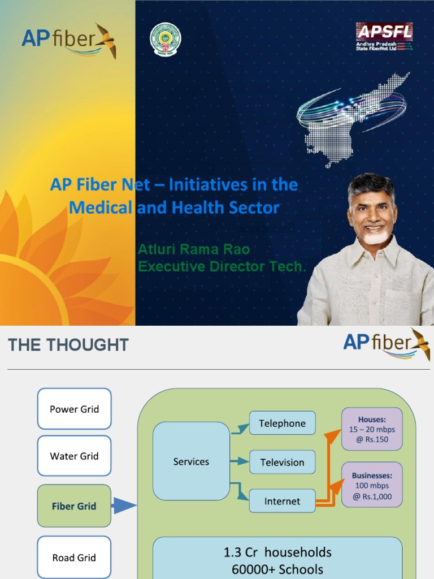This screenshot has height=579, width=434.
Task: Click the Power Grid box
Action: [x=74, y=409]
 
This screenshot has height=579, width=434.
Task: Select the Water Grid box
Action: [x=74, y=456]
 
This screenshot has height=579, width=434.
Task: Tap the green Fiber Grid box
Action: [x=74, y=506]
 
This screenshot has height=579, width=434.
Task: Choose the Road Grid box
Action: [x=74, y=558]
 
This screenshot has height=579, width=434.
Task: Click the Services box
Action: [x=191, y=461]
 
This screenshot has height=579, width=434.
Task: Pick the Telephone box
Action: [x=282, y=423]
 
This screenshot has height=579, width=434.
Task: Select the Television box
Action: [x=282, y=462]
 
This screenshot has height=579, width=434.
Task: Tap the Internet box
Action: [x=282, y=501]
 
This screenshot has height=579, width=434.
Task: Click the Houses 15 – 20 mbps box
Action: [x=372, y=429]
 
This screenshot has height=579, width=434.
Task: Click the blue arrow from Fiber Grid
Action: [x=124, y=505]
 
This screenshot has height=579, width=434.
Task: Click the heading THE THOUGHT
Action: [x=68, y=345]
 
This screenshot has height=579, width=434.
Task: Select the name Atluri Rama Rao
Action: [x=194, y=249]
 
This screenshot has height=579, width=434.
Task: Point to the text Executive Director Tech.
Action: [x=222, y=266]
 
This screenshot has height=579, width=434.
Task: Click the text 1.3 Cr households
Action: [x=277, y=552]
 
